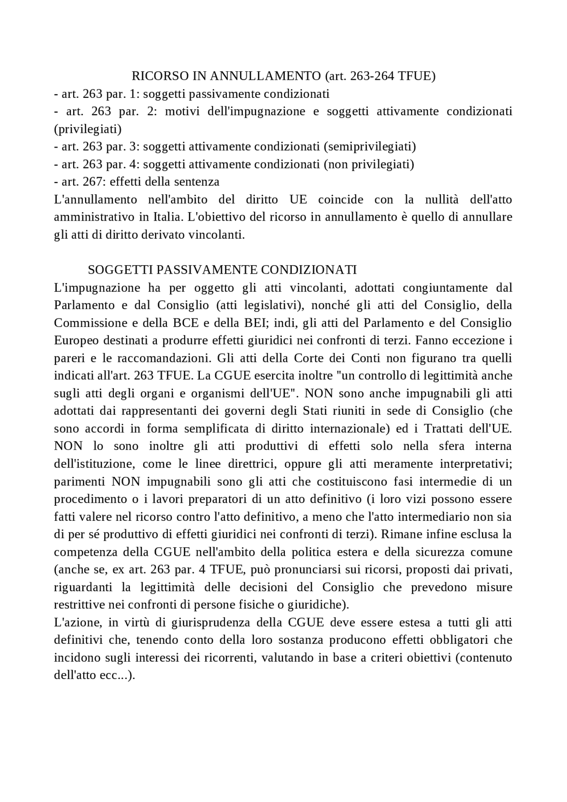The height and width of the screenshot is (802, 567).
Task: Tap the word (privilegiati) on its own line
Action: (88, 129)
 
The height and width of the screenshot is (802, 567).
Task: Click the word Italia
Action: (168, 217)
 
